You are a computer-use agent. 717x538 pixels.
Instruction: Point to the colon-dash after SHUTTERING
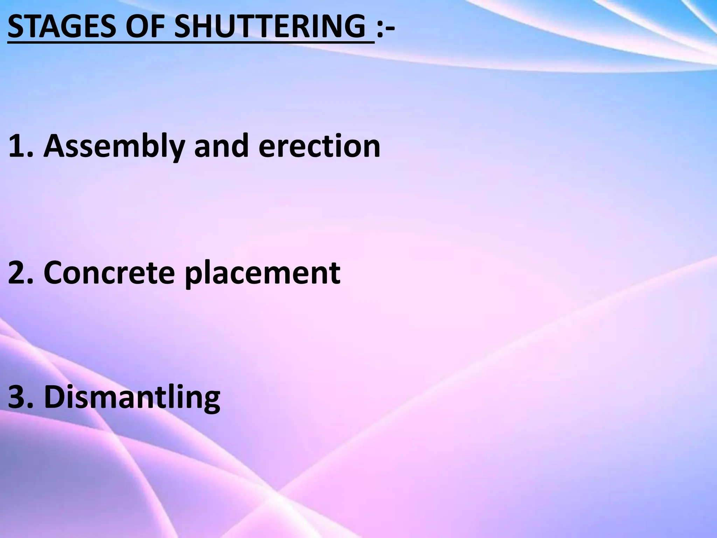(x=385, y=27)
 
